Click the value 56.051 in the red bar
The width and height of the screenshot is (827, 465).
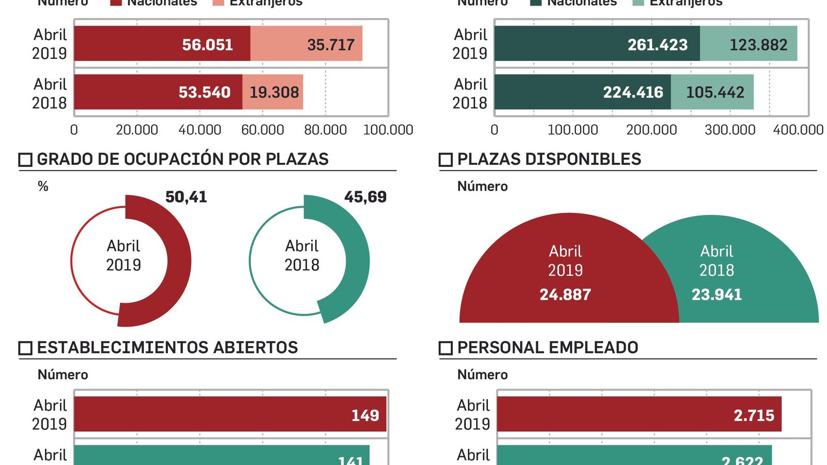pos(207,45)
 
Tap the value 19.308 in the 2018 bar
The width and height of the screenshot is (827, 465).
pos(274,92)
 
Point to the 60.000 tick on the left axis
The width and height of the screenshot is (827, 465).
pos(263,130)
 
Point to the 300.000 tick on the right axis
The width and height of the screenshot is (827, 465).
pos(730,130)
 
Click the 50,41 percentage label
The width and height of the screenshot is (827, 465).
pos(186,197)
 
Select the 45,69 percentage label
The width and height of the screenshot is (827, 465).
pos(365,197)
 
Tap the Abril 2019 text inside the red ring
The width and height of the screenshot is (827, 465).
pos(124,255)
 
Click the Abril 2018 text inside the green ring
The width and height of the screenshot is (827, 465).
pos(302,255)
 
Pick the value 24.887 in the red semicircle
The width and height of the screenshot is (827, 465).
pos(565,295)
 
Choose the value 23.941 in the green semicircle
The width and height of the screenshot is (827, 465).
pos(716,295)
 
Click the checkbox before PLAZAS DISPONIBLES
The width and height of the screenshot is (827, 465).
pos(446,160)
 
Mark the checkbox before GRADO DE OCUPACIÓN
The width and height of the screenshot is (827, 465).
pos(25,160)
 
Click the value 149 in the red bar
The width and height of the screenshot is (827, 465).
pos(365,415)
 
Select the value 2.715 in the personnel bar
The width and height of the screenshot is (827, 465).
pos(754,415)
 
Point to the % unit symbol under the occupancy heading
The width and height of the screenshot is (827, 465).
pos(43,186)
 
